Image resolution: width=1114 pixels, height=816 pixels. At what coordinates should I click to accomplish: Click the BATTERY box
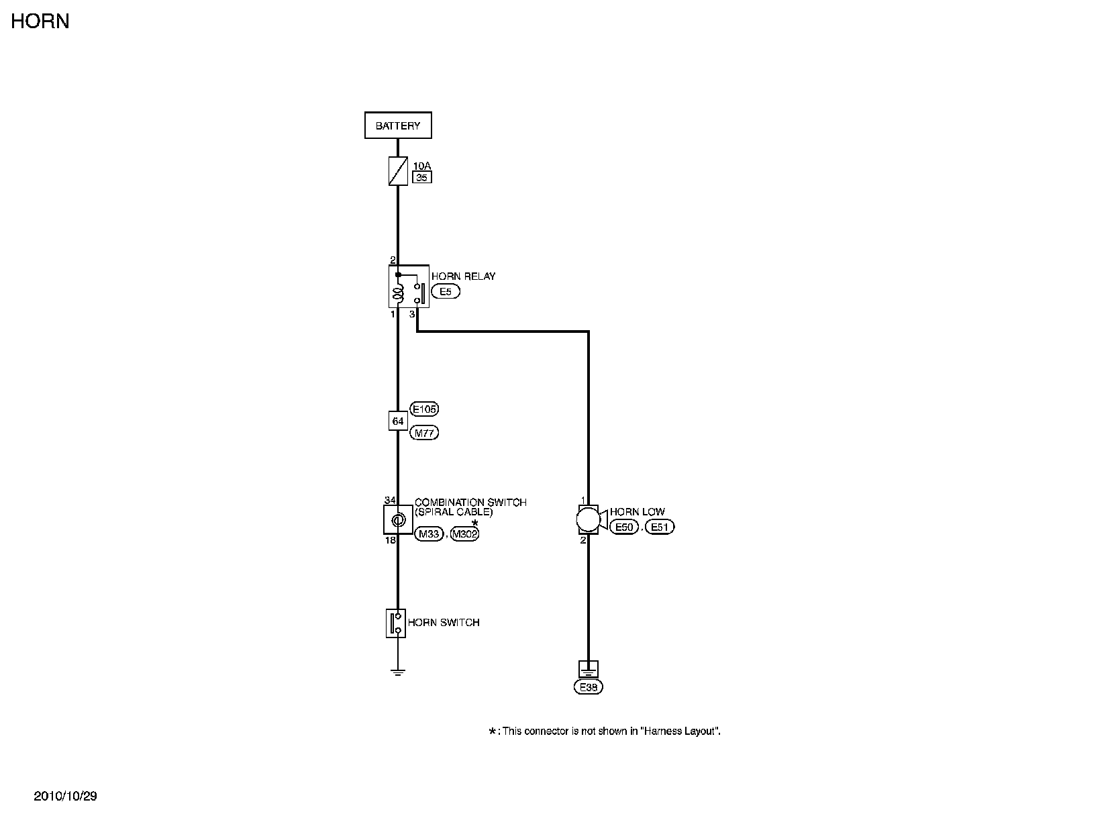pos(398,125)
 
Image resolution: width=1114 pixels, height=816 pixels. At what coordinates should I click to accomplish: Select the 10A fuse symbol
pos(398,171)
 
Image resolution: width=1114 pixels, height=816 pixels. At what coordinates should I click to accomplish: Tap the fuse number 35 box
pos(422,178)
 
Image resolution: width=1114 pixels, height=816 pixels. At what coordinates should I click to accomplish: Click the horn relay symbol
pos(409,287)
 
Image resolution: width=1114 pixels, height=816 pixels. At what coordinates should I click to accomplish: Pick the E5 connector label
pos(446,292)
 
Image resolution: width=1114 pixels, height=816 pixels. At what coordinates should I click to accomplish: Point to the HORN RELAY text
pos(463,276)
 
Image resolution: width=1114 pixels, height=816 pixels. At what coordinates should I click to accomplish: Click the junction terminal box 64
pos(398,421)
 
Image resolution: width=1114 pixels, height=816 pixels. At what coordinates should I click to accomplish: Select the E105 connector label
pos(424,409)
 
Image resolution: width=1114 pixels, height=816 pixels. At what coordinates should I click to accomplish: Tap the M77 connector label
pos(424,433)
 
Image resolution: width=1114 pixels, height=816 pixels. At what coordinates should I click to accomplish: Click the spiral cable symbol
pos(398,519)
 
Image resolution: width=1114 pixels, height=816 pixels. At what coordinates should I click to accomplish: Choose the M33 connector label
pos(429,534)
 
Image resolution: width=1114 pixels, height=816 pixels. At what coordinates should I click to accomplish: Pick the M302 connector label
pos(464,534)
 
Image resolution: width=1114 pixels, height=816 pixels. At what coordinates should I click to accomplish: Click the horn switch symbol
pos(396,623)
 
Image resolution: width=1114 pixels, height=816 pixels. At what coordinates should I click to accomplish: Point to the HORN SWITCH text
pos(444,623)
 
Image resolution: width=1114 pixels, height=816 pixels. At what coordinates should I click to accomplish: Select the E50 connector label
pos(624,527)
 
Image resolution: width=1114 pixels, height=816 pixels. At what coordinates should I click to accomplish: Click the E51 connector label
pos(660,527)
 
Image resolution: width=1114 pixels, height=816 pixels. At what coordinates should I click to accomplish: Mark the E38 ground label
pos(589,687)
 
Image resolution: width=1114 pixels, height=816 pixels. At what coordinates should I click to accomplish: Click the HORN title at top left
pos(40,21)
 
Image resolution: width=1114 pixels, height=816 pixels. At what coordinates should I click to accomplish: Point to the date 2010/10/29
pos(66,797)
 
